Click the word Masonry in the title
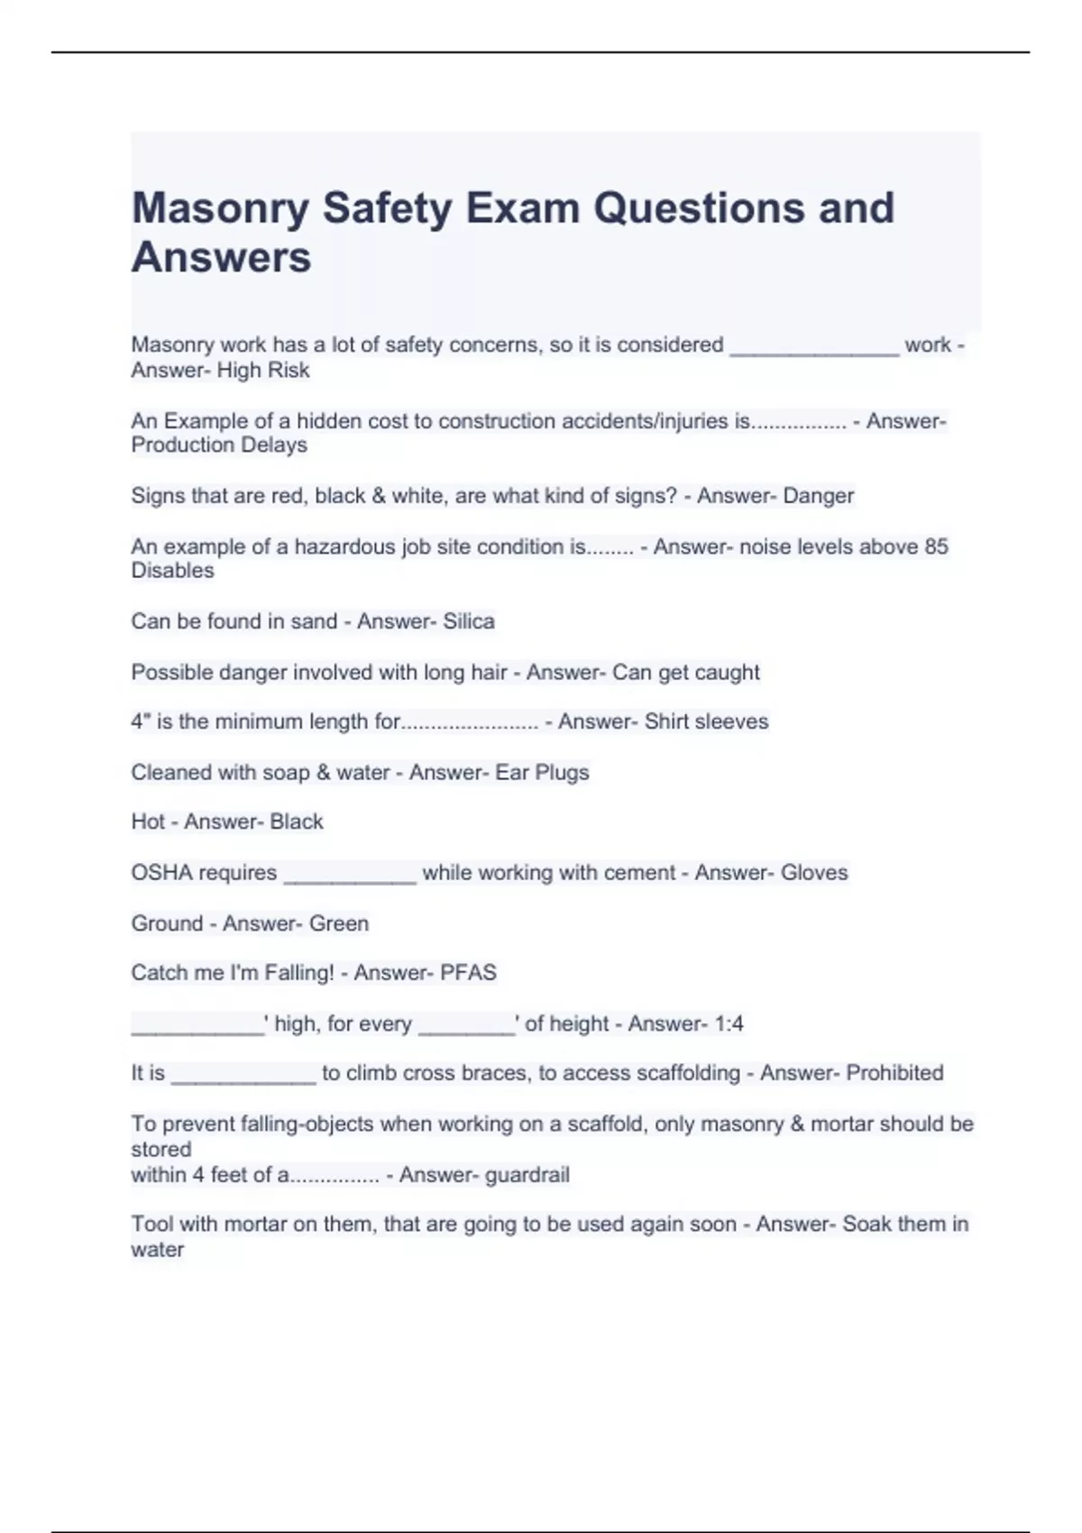(x=220, y=208)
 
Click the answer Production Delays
(x=219, y=445)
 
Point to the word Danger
(x=818, y=496)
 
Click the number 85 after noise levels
(x=936, y=546)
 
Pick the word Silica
(x=469, y=621)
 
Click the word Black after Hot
(x=297, y=822)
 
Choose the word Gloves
(x=814, y=873)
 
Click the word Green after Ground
(x=339, y=923)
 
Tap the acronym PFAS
(x=468, y=973)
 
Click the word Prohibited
(x=894, y=1073)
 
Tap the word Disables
(x=172, y=571)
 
